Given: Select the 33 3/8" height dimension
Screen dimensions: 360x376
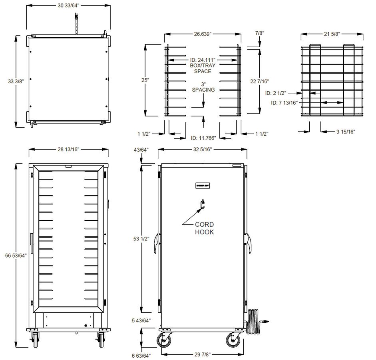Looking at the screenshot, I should click(x=16, y=81).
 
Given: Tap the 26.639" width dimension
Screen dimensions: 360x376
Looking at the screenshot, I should click(x=203, y=34).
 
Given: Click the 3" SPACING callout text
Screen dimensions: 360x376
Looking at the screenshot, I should click(x=203, y=87).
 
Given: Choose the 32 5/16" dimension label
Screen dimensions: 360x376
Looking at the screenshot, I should click(x=202, y=149).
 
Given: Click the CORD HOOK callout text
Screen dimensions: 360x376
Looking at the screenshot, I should click(x=204, y=228).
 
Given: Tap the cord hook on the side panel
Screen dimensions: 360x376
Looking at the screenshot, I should click(x=203, y=205).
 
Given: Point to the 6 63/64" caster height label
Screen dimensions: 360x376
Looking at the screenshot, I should click(x=141, y=356).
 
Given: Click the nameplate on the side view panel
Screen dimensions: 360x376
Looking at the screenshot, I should click(x=203, y=185).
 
